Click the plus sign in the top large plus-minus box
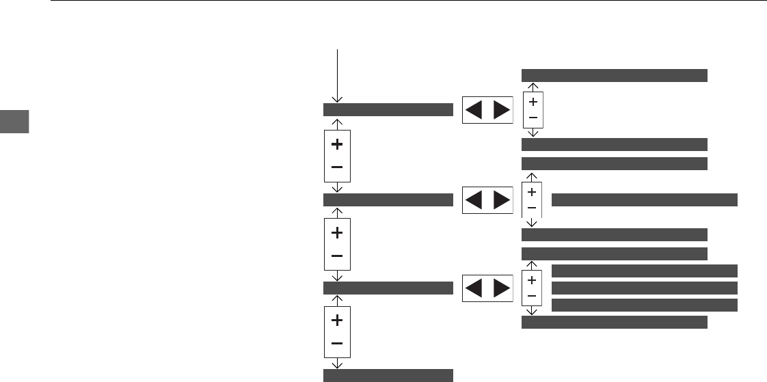coord(337,145)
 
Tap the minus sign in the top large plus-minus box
coord(337,167)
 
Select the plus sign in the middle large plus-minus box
coord(337,233)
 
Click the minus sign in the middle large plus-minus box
coord(337,256)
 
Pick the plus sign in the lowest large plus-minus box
coord(337,320)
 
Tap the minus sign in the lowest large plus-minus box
coord(337,343)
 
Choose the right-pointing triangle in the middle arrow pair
coord(501,200)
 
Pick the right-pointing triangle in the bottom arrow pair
coord(501,288)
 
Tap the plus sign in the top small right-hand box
coord(533,102)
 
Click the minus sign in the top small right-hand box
coord(533,118)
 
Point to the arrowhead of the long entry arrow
coord(336,100)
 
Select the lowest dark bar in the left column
coord(388,374)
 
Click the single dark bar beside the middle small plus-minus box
coord(644,200)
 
